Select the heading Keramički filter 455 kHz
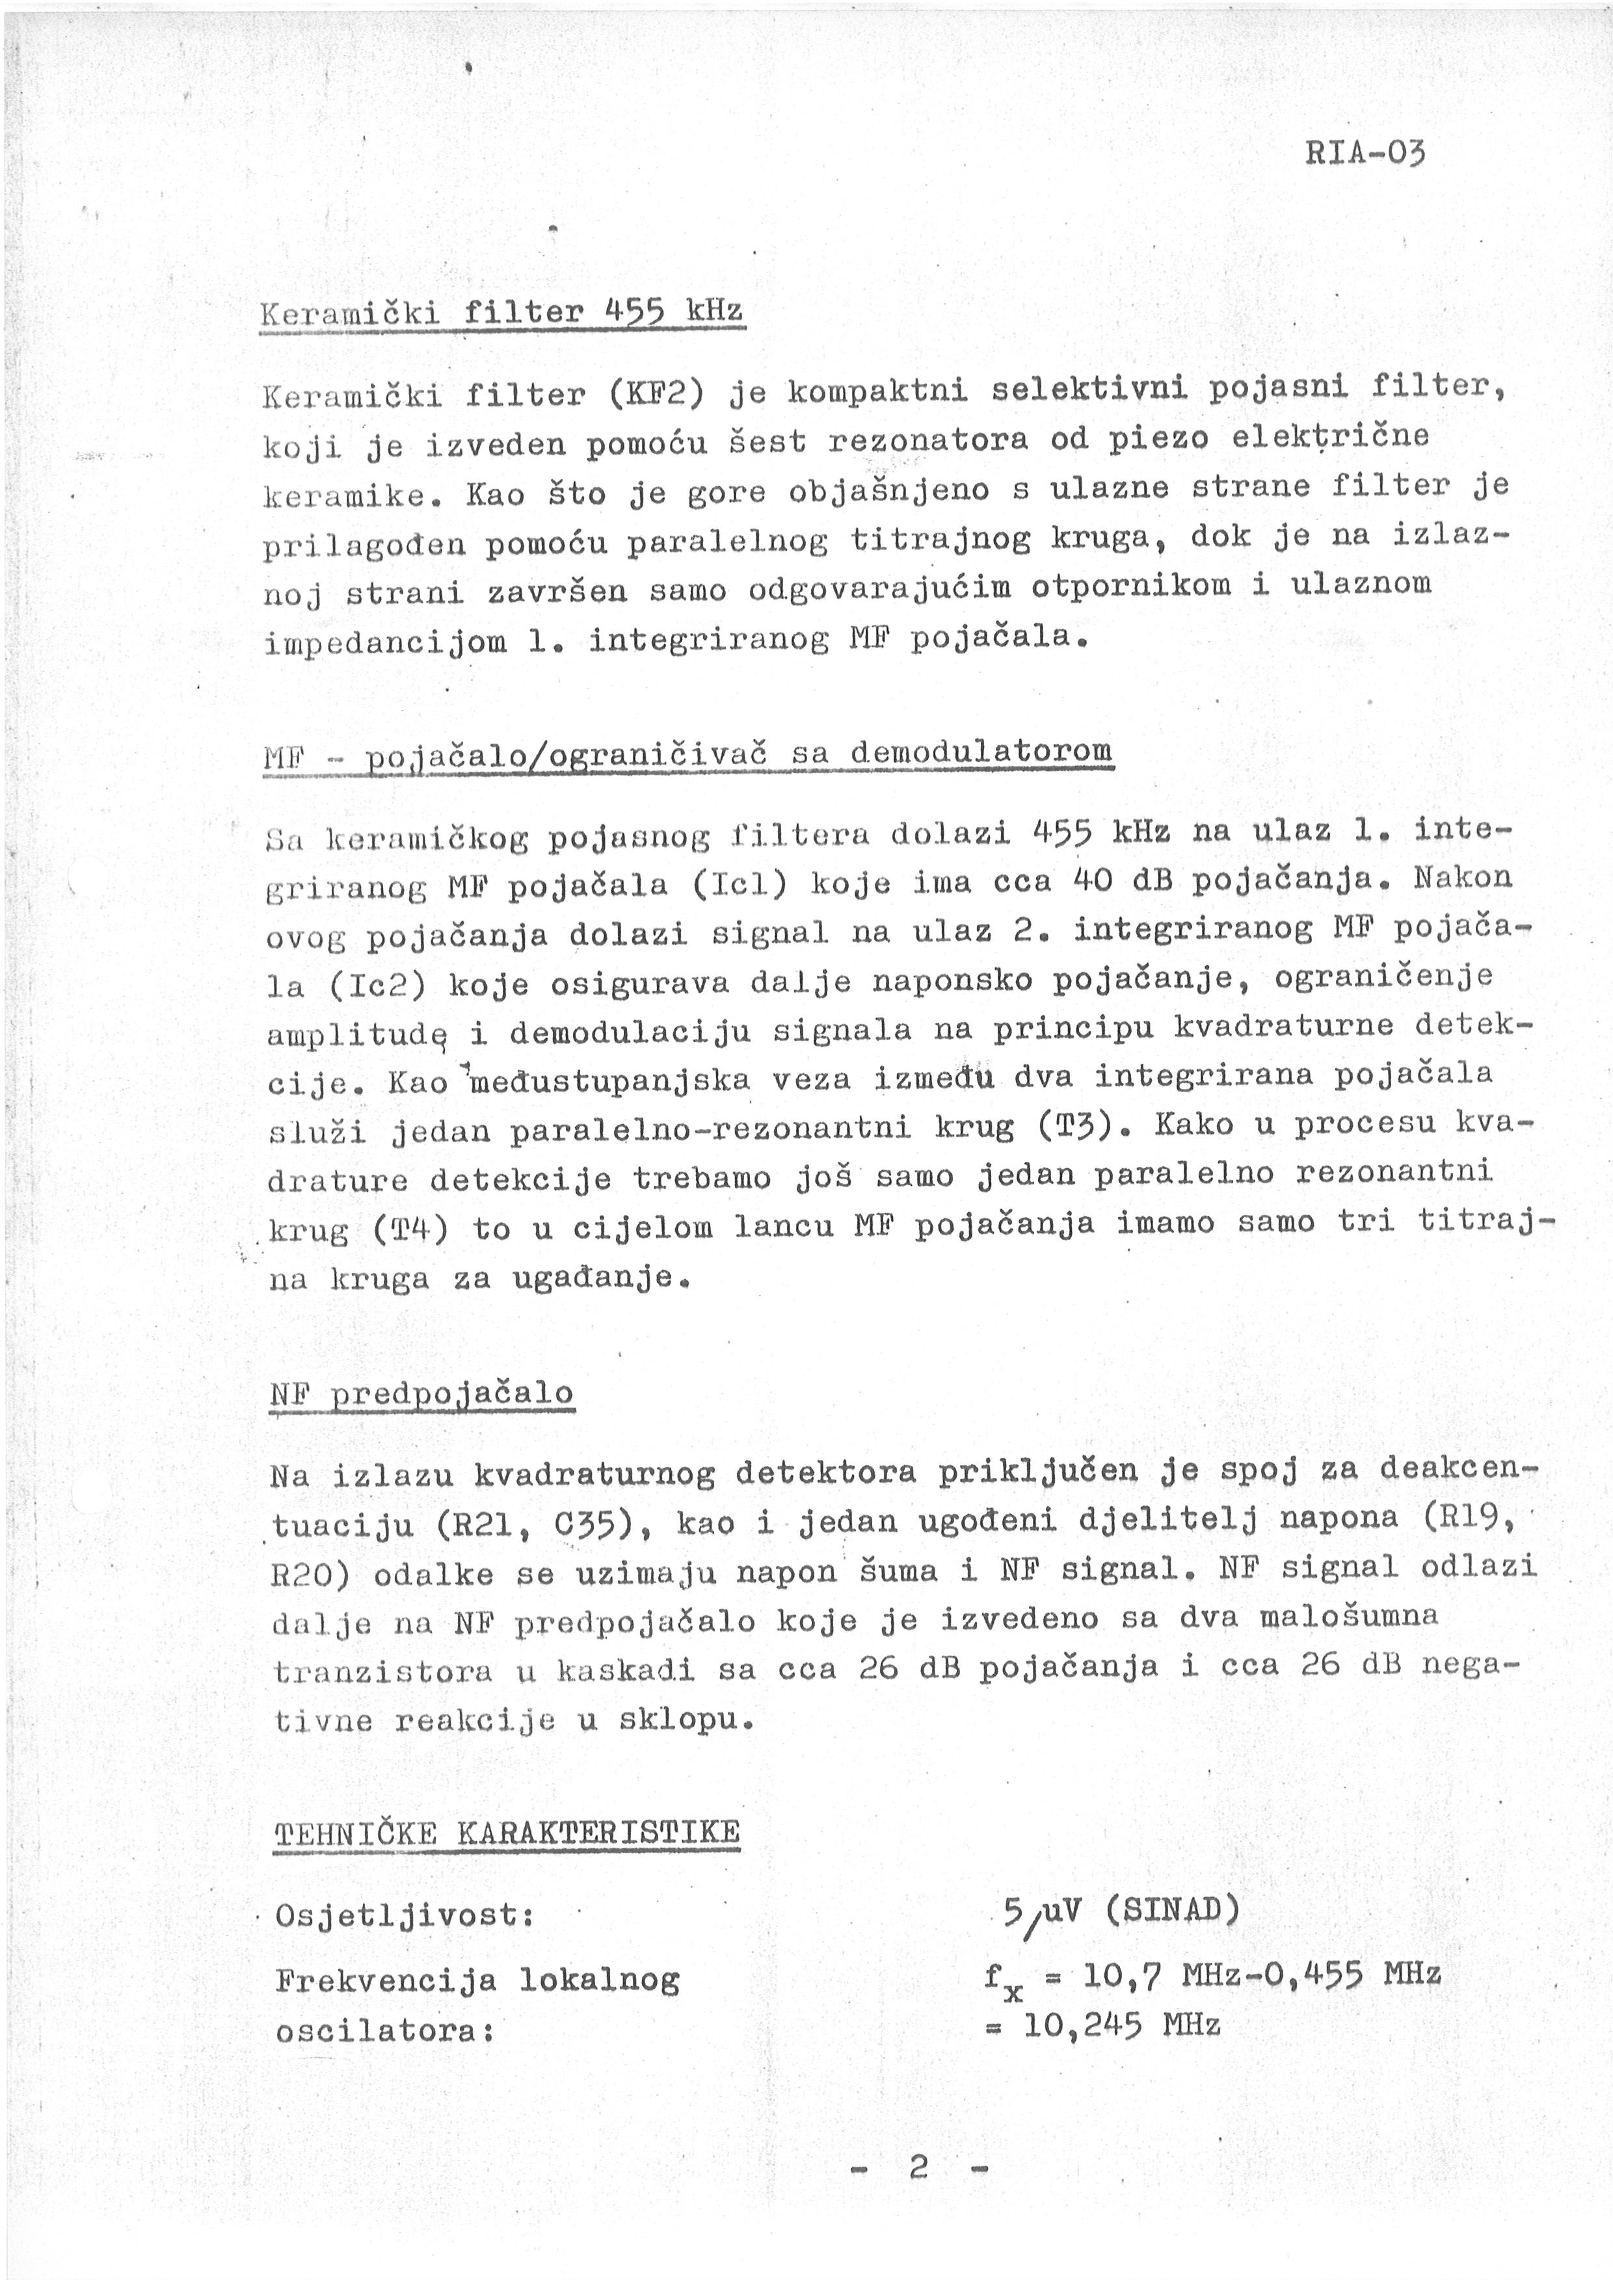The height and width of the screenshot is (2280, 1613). click(501, 314)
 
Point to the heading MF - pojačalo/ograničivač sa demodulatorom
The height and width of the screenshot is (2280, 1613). click(688, 755)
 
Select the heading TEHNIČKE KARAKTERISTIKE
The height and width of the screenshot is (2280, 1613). click(507, 1832)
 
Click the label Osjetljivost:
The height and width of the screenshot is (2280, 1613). click(405, 1915)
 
